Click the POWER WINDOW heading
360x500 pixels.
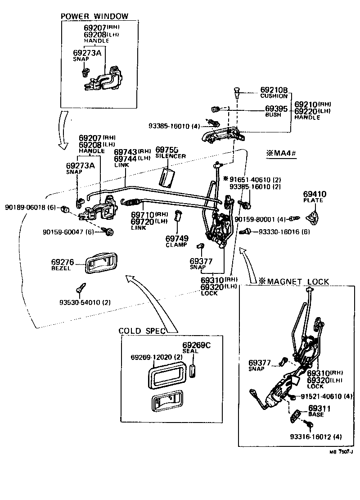[94, 16]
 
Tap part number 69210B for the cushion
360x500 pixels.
[274, 90]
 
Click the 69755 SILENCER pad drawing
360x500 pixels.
[168, 177]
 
